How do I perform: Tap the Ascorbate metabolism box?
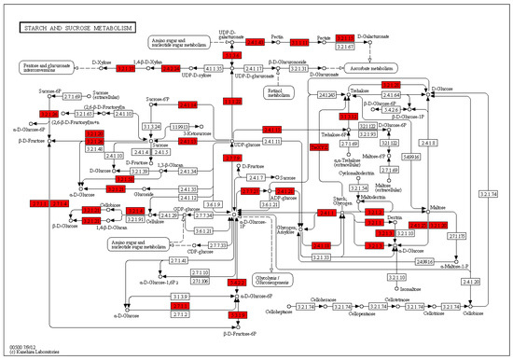coord(372,68)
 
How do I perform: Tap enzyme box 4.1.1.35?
coord(215,68)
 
